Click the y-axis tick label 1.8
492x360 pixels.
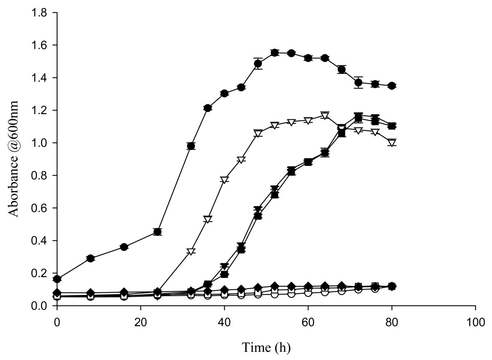41,13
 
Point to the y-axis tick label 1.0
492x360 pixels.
41,143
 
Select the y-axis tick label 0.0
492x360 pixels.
41,306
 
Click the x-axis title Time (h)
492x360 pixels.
266,348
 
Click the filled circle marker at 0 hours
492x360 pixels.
57,279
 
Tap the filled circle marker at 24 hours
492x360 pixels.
157,232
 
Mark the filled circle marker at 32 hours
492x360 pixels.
191,146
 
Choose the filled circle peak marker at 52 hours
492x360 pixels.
275,52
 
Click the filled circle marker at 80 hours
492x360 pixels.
392,86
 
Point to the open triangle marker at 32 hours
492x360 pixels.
191,251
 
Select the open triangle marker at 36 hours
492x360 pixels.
207,219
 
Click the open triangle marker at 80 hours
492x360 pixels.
392,143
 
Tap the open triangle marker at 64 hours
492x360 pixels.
325,116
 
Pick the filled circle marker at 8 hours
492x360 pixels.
91,258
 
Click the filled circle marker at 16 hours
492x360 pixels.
124,247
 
